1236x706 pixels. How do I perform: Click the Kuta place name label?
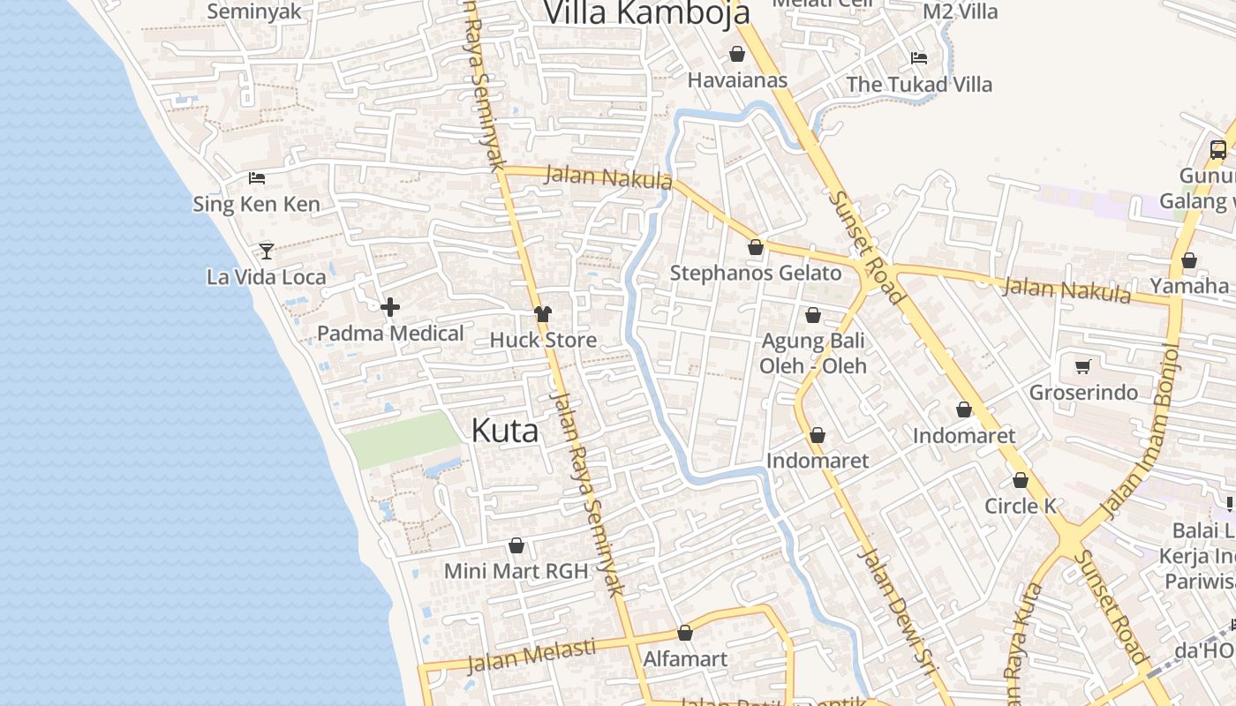point(504,431)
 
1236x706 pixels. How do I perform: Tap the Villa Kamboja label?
point(646,12)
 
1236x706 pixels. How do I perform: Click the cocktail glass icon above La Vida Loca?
point(267,251)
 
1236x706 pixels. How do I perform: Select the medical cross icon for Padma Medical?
point(390,307)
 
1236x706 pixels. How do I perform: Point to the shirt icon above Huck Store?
point(542,314)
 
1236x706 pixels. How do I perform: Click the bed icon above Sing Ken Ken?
point(257,177)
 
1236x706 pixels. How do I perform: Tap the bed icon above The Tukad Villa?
point(919,58)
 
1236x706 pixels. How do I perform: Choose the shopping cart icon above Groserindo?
point(1083,366)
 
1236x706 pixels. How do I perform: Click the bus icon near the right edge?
point(1218,149)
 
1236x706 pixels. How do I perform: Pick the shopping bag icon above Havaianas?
point(737,55)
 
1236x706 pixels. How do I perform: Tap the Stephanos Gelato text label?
point(756,274)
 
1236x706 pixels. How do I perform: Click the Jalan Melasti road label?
point(531,655)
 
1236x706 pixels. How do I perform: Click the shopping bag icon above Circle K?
point(1021,480)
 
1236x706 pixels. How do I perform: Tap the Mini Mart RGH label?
point(516,571)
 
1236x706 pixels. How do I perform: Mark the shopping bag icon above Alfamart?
point(685,633)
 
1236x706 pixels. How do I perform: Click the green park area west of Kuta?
point(402,439)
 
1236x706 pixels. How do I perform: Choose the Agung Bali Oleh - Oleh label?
point(813,353)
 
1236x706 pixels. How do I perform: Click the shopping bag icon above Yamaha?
point(1189,260)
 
